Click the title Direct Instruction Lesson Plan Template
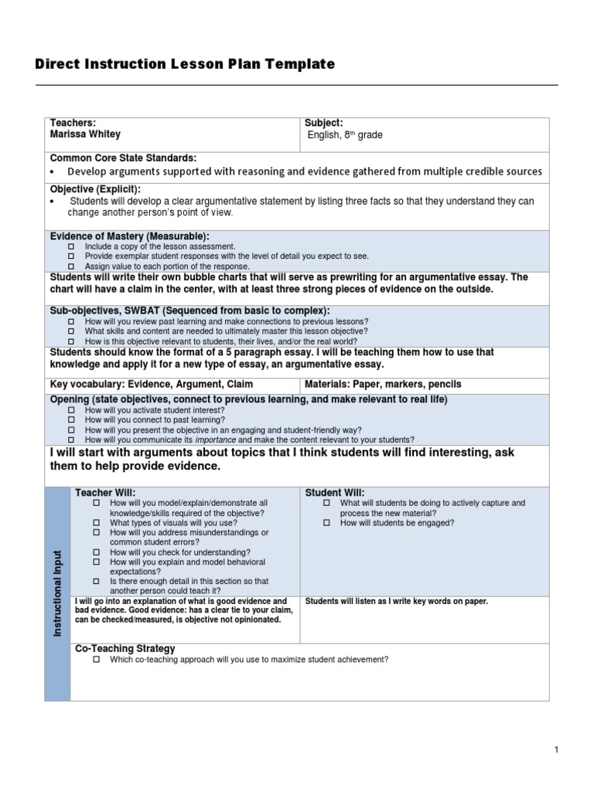185,64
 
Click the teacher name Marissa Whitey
85,134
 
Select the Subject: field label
324,123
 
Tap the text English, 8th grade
345,135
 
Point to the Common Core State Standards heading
123,158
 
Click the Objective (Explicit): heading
95,189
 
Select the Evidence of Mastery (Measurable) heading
129,236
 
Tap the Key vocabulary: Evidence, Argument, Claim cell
151,384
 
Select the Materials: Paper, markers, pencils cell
383,384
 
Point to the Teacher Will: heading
104,492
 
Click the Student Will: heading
335,492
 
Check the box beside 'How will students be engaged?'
326,523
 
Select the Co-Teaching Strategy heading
125,649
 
